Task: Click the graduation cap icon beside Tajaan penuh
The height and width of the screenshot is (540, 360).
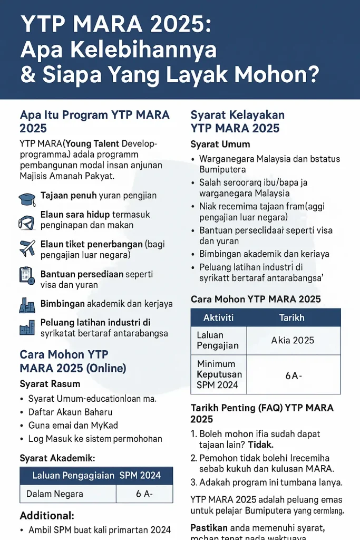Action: pos(27,198)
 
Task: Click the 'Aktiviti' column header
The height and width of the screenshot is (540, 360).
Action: pos(218,317)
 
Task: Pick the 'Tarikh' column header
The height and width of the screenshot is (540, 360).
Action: pos(291,317)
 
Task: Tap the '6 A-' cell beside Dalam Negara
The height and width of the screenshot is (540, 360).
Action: pos(144,494)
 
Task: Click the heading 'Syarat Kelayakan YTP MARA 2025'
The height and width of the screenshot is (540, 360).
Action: pos(237,121)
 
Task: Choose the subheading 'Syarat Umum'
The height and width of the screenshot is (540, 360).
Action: pos(220,144)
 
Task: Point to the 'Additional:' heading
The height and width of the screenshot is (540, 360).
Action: pos(47,515)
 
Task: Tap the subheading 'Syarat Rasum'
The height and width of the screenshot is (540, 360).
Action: pos(50,383)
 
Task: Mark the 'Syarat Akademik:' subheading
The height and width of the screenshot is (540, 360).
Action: pos(57,458)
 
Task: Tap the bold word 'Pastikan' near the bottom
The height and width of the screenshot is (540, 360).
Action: pos(209,527)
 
